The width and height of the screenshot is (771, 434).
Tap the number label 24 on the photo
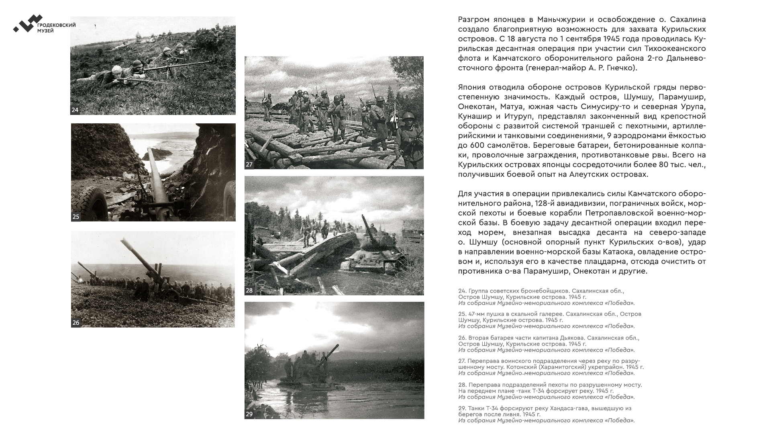(x=75, y=110)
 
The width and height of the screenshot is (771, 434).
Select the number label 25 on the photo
(x=76, y=217)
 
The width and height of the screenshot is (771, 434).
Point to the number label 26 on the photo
(x=76, y=322)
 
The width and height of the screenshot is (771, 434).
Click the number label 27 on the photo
(x=249, y=164)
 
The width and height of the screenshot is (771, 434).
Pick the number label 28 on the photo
(x=249, y=291)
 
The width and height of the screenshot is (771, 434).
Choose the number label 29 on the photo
(x=249, y=414)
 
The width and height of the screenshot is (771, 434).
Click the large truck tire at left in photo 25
(x=90, y=203)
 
